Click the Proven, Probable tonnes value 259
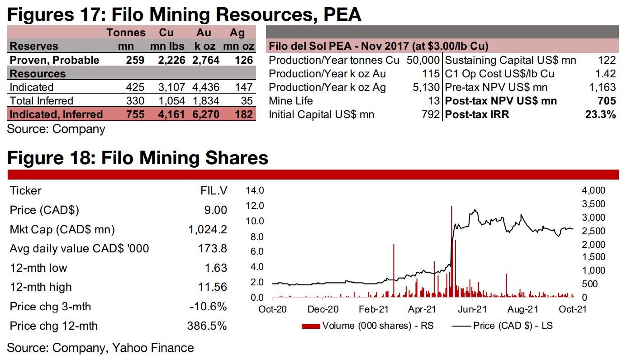click(x=136, y=60)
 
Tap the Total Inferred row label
click(x=41, y=101)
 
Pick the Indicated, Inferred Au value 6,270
click(x=204, y=114)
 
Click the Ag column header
click(x=237, y=33)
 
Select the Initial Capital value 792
click(x=432, y=114)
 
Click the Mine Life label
click(x=291, y=101)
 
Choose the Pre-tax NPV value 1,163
click(x=603, y=87)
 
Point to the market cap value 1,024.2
click(x=208, y=229)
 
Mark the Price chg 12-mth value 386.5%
click(x=207, y=326)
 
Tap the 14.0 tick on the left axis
click(x=256, y=190)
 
